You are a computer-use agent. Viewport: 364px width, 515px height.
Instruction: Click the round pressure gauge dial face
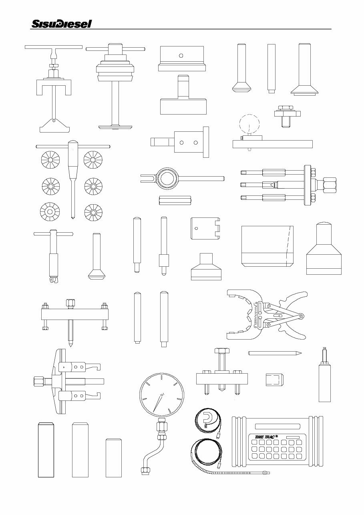(x=161, y=394)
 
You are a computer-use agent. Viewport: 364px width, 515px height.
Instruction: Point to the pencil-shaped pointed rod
(x=274, y=353)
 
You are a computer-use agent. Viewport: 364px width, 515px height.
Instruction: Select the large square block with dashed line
(x=267, y=246)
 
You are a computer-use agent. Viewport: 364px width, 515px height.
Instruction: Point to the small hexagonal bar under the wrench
(x=175, y=200)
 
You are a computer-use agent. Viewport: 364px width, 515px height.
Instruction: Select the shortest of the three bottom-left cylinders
(x=113, y=458)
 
